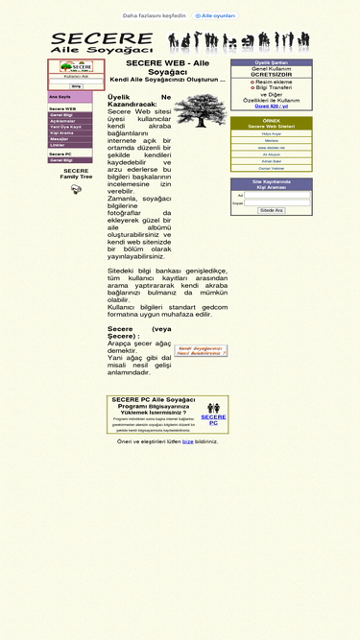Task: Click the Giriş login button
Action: tap(76, 86)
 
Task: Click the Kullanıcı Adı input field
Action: tap(76, 81)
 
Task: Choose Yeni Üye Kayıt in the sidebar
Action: tap(65, 127)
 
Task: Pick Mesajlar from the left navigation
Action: tap(60, 138)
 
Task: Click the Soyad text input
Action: tap(276, 202)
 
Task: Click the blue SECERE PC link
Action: tap(213, 419)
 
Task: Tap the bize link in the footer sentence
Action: tap(188, 441)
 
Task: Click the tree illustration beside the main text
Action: tap(201, 110)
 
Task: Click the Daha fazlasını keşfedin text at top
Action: tap(154, 15)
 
